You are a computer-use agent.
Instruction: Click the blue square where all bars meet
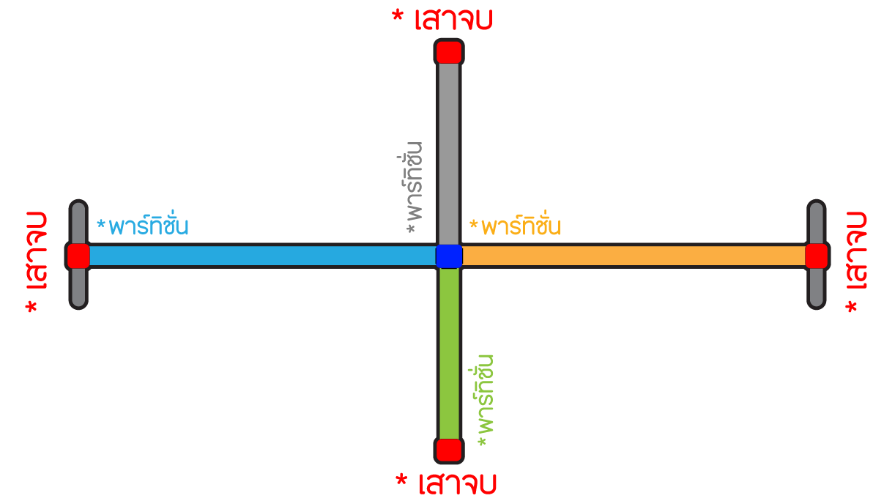pos(449,256)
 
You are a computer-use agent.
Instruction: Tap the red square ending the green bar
pos(448,450)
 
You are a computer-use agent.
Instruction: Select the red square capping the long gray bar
pos(448,52)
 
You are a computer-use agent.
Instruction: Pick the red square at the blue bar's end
pos(78,256)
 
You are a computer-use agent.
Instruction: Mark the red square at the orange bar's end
pos(816,256)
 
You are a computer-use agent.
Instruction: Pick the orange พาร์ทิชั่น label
pos(521,226)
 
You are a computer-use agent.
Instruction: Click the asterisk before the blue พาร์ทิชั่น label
pos(101,222)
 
